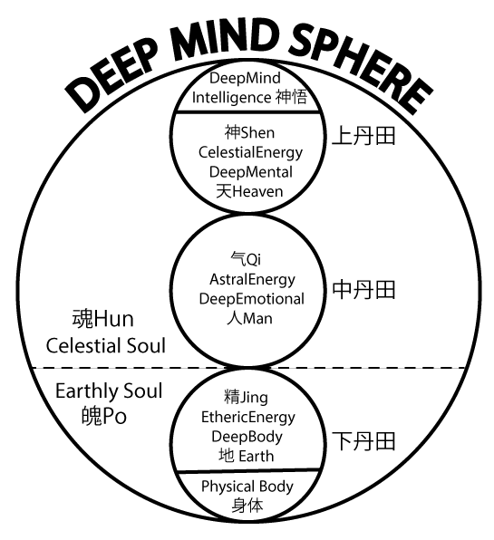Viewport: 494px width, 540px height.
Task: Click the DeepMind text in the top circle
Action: pos(245,78)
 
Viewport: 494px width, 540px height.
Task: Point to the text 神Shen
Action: pos(250,132)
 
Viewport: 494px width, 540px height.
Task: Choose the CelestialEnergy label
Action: pos(250,152)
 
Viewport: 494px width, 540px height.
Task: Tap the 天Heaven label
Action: pos(249,191)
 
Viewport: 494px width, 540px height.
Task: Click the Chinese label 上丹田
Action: pos(363,136)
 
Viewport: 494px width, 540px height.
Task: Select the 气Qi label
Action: pos(246,259)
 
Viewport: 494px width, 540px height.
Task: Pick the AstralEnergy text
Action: pos(252,280)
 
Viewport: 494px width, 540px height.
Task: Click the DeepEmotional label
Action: pos(251,299)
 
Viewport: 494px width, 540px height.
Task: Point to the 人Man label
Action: pos(249,319)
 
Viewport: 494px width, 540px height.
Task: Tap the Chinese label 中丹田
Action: pos(363,290)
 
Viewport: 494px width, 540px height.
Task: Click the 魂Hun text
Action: pos(102,319)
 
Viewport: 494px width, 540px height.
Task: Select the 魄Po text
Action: pos(104,416)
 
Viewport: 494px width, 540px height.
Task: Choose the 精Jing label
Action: pos(246,398)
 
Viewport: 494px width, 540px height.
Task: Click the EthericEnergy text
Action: pos(248,418)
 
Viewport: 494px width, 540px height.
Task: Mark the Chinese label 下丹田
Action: pos(363,441)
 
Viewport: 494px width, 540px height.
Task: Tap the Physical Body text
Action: pos(247,487)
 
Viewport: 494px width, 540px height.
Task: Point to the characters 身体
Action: pos(247,506)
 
